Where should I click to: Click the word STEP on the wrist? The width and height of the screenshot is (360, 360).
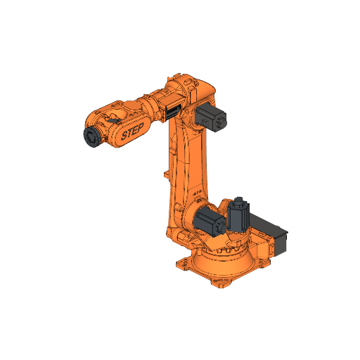click(x=131, y=131)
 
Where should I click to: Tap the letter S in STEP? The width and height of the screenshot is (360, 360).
click(x=124, y=135)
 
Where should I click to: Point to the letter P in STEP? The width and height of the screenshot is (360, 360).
click(x=140, y=127)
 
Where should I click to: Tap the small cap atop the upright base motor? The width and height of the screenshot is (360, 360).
click(x=239, y=200)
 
